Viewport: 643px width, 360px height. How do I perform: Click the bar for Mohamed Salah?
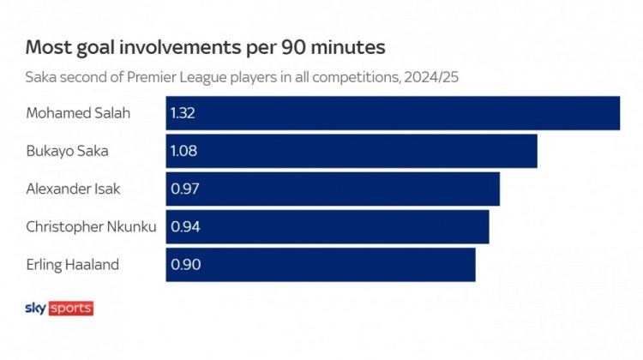(393, 113)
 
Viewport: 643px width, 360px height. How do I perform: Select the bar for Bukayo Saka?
(352, 151)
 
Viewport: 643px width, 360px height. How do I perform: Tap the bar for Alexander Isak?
(333, 189)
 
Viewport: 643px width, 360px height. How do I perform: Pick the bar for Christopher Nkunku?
(328, 226)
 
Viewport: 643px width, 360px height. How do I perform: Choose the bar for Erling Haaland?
(321, 264)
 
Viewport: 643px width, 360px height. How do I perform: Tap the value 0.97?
(185, 189)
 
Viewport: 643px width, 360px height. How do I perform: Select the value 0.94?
(186, 226)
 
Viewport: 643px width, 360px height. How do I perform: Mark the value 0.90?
(186, 264)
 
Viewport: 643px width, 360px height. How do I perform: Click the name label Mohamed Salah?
(78, 113)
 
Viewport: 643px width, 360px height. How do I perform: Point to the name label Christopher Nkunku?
(90, 226)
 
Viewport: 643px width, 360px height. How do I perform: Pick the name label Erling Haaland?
(73, 264)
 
